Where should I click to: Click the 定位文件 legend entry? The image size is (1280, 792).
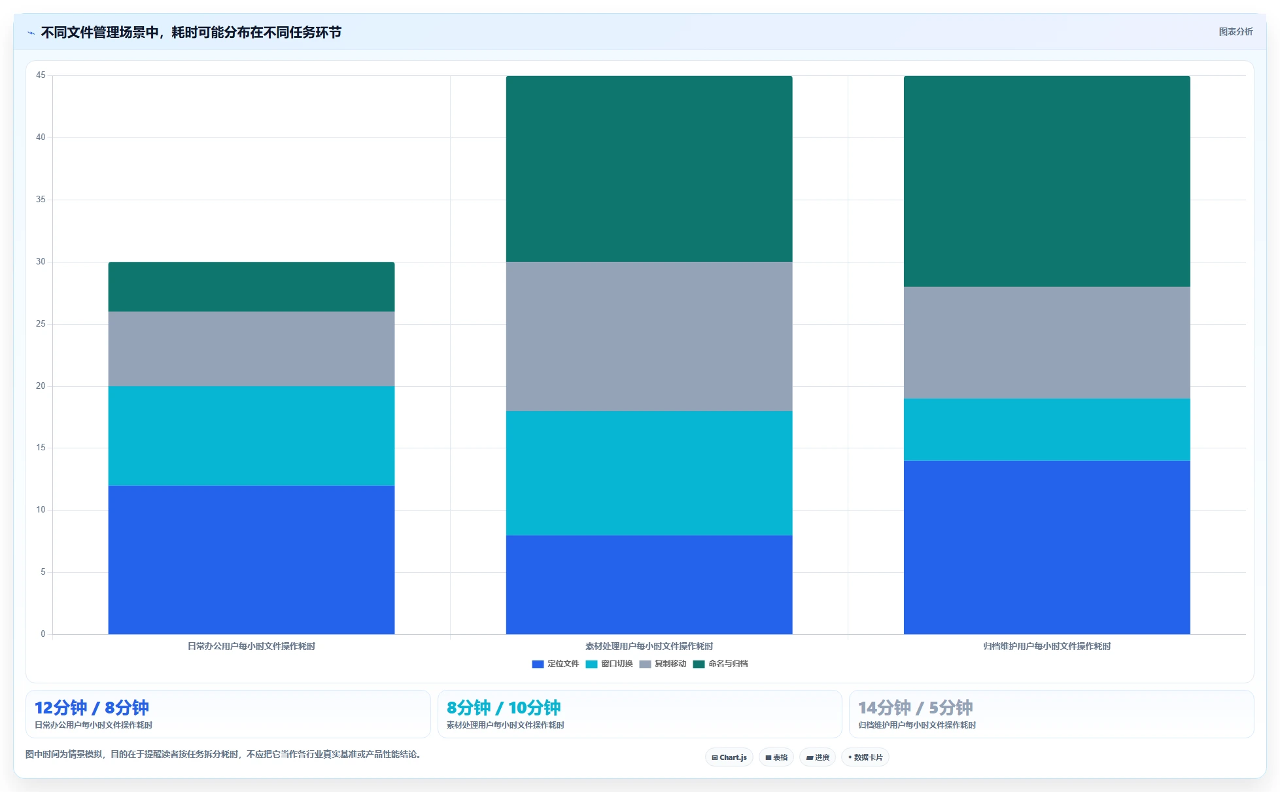(555, 664)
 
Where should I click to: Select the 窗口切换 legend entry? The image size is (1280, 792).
(609, 664)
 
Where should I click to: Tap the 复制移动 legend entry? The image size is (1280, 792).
(663, 664)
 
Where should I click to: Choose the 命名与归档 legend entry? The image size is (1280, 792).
(720, 664)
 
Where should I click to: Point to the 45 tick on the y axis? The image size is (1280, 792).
(41, 75)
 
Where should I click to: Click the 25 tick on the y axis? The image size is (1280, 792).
(41, 324)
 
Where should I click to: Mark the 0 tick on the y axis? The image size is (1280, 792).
(43, 634)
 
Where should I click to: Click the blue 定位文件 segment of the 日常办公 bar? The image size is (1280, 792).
(251, 560)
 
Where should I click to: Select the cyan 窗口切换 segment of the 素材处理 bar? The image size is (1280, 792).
(649, 473)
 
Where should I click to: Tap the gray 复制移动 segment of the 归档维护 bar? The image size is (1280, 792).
(1046, 343)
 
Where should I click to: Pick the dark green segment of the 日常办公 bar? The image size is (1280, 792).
(251, 287)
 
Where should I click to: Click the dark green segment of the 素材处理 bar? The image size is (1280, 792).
(649, 169)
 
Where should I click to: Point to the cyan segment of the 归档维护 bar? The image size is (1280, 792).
(1046, 430)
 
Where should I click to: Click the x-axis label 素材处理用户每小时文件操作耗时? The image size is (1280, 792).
(649, 647)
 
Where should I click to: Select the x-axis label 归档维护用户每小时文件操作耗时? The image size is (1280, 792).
(1046, 647)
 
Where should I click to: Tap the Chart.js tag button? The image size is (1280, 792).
(729, 757)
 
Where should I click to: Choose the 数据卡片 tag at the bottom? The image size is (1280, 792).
(865, 757)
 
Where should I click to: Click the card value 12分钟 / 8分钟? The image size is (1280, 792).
(92, 708)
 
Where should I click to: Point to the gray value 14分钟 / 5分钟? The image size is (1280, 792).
(915, 708)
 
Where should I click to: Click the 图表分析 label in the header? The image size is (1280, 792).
(1236, 31)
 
